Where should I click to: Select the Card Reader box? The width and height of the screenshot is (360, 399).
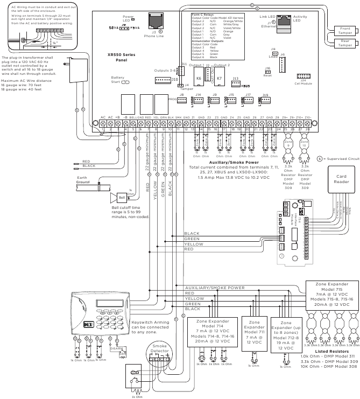pyautogui.click(x=341, y=180)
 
